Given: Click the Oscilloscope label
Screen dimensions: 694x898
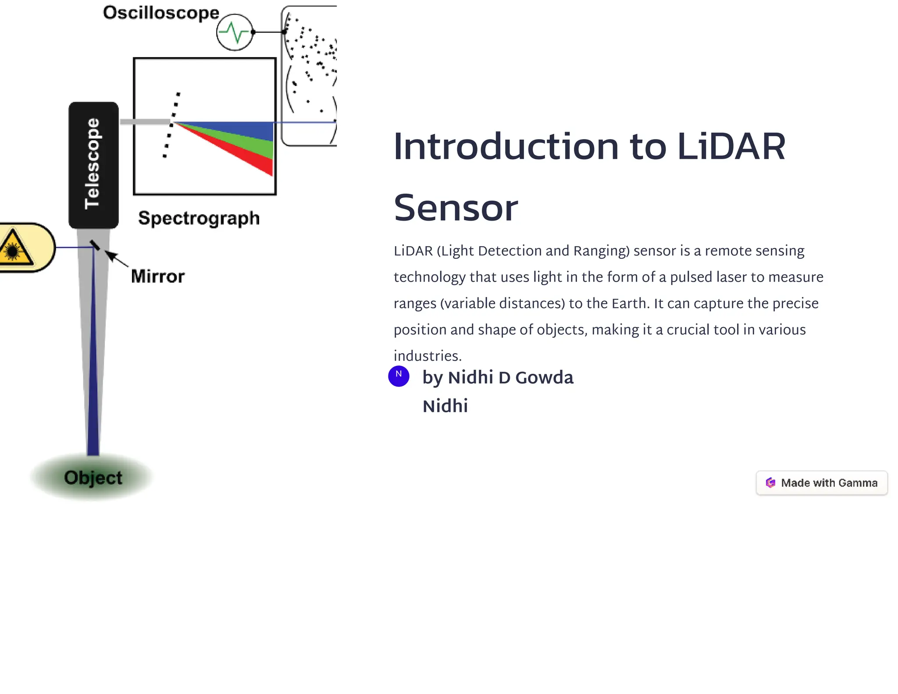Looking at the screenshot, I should click(x=161, y=13).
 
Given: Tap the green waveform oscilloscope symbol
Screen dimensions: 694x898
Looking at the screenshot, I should click(x=235, y=32).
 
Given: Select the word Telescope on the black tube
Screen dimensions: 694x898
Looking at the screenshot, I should click(x=93, y=164).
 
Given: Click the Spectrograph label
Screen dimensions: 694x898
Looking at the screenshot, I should click(x=199, y=218).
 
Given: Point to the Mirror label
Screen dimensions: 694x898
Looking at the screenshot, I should click(x=158, y=276).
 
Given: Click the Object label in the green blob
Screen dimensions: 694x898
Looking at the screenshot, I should click(x=93, y=478).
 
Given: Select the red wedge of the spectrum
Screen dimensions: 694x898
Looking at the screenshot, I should click(x=259, y=162).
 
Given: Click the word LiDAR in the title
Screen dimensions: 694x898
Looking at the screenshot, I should click(x=731, y=147).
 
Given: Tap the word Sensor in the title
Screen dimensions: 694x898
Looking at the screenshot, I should click(x=456, y=208).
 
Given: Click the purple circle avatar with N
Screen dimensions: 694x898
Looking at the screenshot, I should click(x=399, y=376).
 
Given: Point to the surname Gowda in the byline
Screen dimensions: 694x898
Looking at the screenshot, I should click(x=544, y=378).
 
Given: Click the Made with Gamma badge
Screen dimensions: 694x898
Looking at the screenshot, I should click(x=821, y=483).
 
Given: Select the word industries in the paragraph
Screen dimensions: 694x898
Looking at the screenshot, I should click(x=427, y=356).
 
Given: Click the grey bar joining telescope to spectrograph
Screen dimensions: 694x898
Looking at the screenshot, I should click(x=145, y=122).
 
